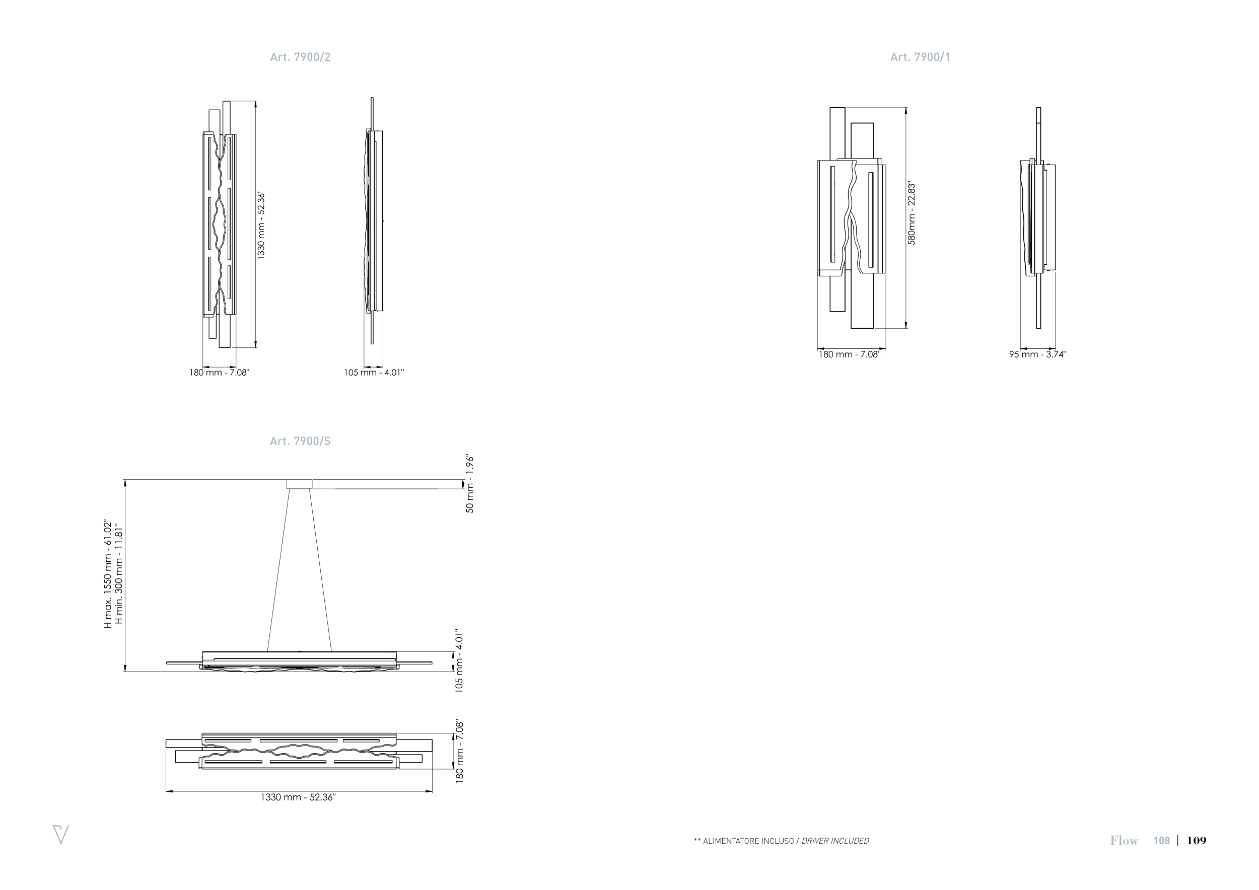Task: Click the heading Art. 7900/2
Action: [x=300, y=57]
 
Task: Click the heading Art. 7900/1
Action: [x=920, y=57]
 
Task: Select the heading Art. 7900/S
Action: [x=300, y=441]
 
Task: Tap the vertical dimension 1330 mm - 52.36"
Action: [x=261, y=225]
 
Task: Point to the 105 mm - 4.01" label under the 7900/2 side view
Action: [x=374, y=373]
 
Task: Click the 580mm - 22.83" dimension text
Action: [x=912, y=213]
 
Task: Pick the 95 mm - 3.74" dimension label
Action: [x=1037, y=354]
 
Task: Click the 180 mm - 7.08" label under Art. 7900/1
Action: [x=850, y=354]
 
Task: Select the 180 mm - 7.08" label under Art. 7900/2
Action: [x=220, y=373]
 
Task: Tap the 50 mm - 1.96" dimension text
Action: [x=470, y=484]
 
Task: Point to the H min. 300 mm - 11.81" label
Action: [x=118, y=575]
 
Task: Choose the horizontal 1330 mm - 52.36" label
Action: [x=298, y=797]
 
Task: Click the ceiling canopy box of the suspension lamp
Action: [x=300, y=484]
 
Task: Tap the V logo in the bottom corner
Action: [x=60, y=834]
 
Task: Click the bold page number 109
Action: [x=1197, y=841]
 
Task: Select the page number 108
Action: [x=1161, y=841]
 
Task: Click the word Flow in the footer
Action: [x=1124, y=841]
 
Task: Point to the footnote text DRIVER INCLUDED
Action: [x=835, y=841]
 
